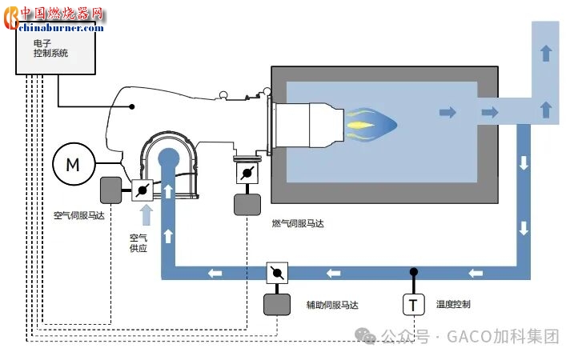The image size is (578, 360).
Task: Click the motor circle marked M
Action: [73, 164]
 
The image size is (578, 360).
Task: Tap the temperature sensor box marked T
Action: [413, 305]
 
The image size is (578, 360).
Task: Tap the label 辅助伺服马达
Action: [332, 305]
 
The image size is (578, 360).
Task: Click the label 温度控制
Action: [453, 304]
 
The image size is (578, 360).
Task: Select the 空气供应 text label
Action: [138, 242]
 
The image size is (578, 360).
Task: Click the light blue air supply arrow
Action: [146, 214]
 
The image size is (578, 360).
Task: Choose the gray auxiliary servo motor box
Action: [277, 305]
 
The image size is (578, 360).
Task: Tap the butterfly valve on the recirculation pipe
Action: [277, 274]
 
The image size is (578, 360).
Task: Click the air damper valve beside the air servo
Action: [142, 190]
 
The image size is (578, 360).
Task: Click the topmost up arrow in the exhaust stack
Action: [546, 53]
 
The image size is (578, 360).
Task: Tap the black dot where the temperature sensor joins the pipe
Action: [413, 271]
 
